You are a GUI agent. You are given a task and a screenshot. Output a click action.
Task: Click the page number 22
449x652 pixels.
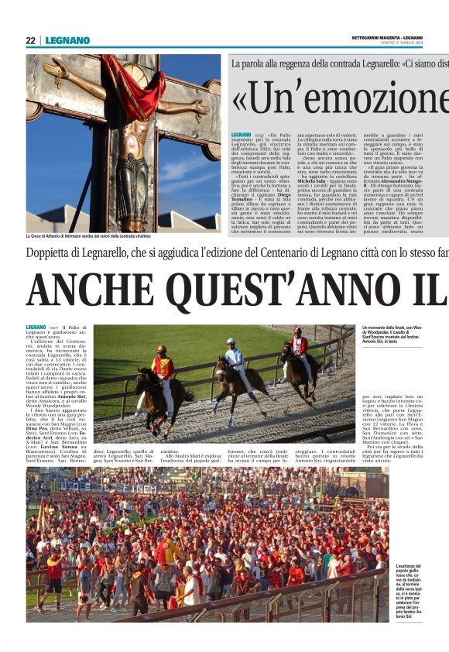30,40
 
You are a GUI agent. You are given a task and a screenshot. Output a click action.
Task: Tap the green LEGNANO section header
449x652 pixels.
67,40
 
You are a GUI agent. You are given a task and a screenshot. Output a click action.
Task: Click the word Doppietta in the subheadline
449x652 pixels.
55,252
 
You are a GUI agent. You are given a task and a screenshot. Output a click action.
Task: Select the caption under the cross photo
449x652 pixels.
98,235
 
